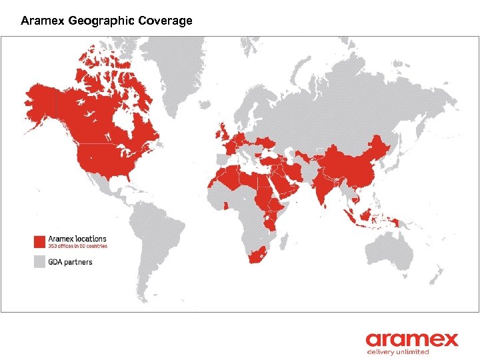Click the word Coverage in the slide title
(x=165, y=21)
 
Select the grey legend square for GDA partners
(x=40, y=261)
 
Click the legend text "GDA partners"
(x=70, y=261)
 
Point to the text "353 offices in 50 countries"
(x=77, y=246)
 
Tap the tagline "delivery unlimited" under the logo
(x=397, y=351)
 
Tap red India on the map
(x=325, y=187)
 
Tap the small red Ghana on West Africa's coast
(x=227, y=205)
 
